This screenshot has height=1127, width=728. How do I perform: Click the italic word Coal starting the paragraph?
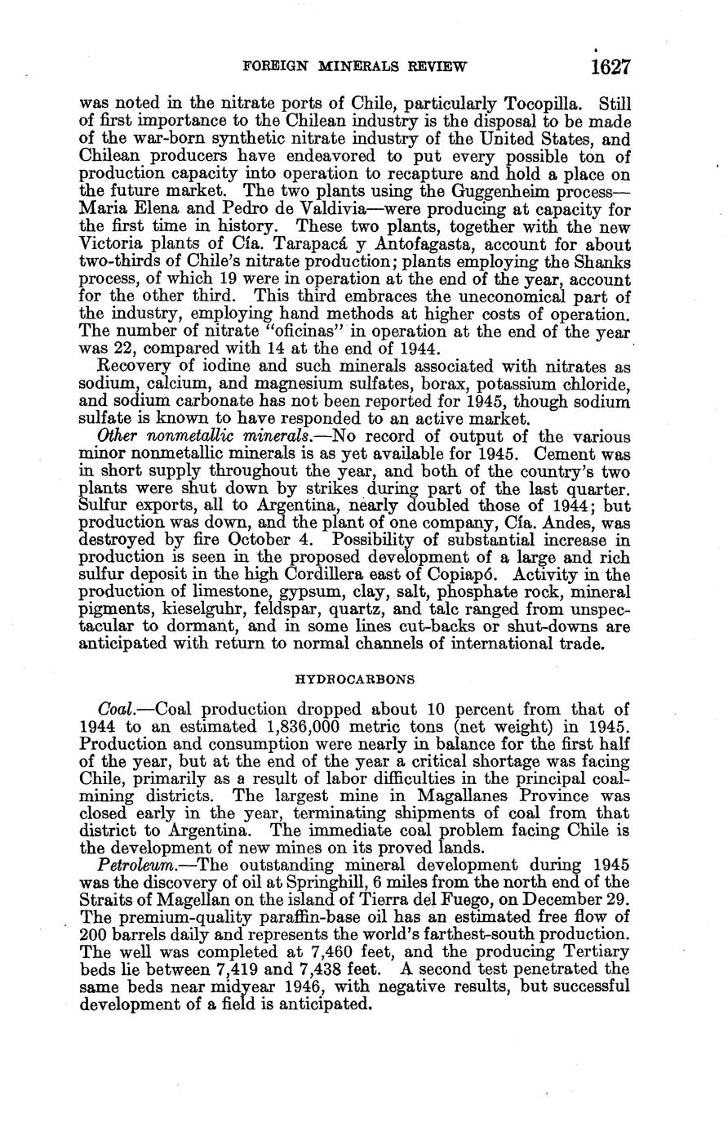(x=114, y=710)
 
